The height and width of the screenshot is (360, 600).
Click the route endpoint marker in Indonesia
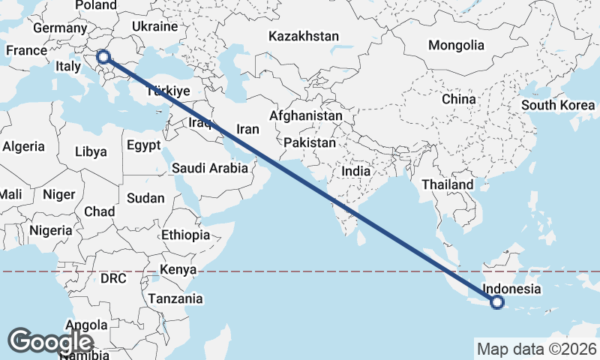(496, 302)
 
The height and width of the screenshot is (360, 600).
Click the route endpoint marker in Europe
(103, 56)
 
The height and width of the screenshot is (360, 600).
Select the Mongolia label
(456, 45)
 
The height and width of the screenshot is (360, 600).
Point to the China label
(458, 99)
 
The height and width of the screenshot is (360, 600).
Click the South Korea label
(558, 105)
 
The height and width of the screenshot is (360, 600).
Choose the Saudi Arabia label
(209, 168)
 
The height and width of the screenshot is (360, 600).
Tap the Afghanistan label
(305, 116)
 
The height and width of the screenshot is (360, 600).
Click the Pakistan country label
(310, 142)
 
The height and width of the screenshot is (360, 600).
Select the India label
(356, 171)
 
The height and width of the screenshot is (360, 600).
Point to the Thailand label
(447, 184)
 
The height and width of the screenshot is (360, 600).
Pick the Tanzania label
(175, 298)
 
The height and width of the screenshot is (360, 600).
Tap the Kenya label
(178, 269)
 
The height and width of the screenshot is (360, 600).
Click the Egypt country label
(143, 145)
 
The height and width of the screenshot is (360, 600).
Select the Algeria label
(23, 147)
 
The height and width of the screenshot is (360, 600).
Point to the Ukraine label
(154, 26)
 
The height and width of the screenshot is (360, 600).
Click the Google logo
(50, 341)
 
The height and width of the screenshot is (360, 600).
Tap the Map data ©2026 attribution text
(536, 349)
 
